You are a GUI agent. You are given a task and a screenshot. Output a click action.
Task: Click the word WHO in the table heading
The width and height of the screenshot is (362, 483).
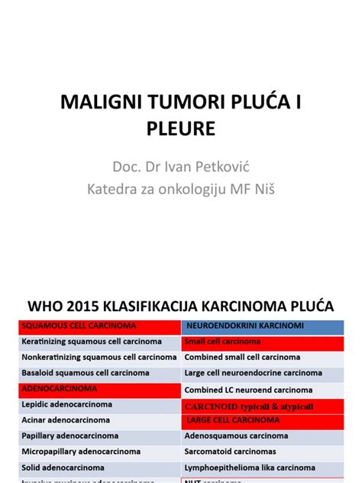click(47, 307)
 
